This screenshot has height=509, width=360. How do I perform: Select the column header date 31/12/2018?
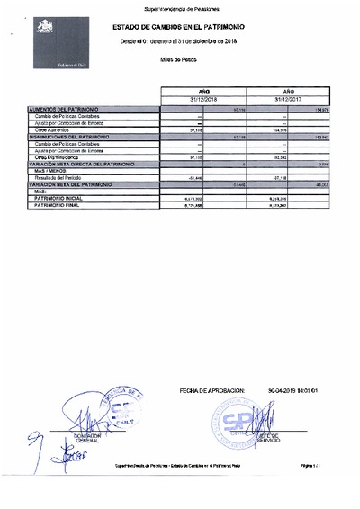tap(205, 99)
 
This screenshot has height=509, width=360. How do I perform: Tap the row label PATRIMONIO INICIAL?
tap(60, 198)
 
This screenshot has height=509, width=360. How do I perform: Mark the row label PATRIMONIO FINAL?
tap(58, 204)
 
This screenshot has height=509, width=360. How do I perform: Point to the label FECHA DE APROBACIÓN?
tap(212, 391)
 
